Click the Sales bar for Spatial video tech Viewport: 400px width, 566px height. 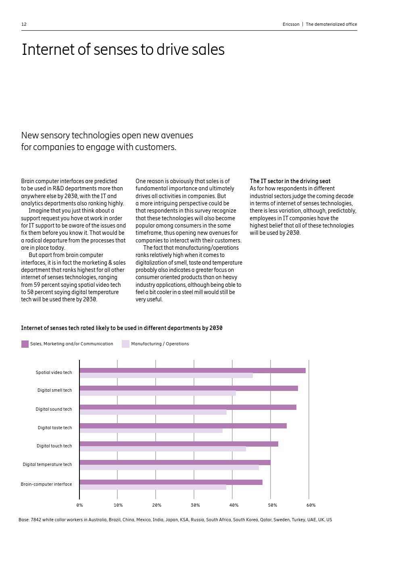pos(192,370)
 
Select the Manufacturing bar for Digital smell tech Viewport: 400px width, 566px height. pos(158,393)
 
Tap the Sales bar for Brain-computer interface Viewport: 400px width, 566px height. pos(171,482)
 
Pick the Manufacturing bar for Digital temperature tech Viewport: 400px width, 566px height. pos(169,468)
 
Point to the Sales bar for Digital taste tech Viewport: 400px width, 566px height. pos(183,426)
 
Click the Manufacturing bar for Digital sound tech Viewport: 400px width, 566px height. pos(153,412)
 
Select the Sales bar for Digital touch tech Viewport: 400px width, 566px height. pos(179,444)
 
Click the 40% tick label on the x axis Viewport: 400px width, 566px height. pos(234,505)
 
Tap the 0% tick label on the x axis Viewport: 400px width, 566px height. pos(80,505)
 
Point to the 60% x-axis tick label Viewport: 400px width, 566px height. pos(311,505)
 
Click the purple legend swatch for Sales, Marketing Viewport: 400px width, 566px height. pos(25,344)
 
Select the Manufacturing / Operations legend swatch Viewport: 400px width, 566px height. pos(126,344)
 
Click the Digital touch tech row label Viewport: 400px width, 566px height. pos(54,446)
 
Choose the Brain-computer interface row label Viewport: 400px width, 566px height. pos(46,484)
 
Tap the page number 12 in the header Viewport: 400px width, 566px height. pos(24,24)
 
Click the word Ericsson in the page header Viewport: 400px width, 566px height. pos(291,24)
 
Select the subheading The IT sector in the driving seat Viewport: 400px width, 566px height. pos(290,181)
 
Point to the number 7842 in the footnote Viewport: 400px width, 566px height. pos(36,520)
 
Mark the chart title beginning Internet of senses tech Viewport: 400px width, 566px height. pos(122,328)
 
